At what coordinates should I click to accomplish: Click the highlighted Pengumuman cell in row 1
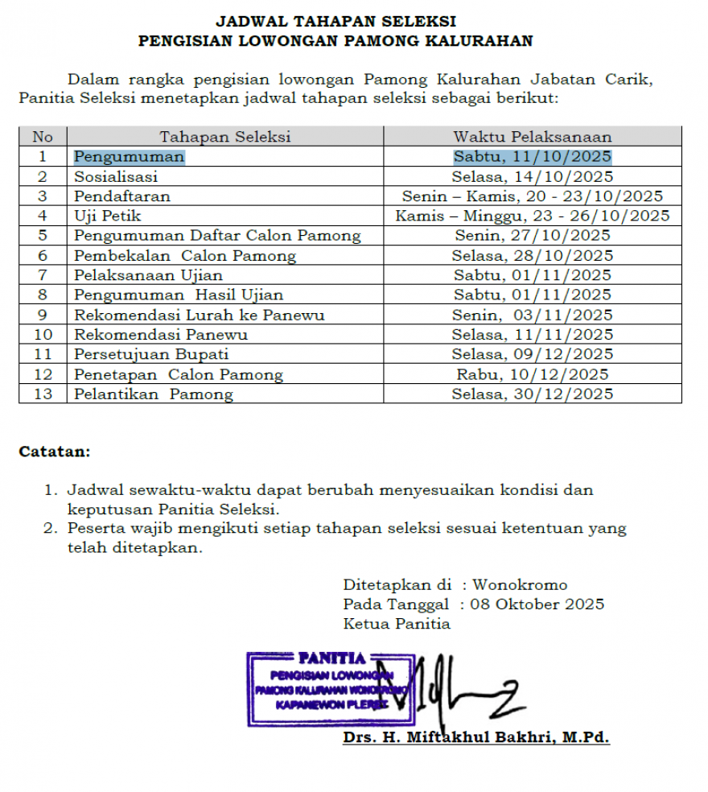click(130, 157)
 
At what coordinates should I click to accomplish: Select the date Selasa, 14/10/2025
click(532, 176)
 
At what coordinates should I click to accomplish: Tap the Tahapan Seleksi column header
click(224, 137)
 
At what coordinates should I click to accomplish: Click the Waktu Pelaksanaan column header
click(532, 137)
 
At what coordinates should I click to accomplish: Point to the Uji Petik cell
click(108, 216)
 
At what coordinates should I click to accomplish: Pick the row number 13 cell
click(43, 394)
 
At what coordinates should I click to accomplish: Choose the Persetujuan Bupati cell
click(152, 354)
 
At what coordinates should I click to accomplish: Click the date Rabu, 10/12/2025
click(532, 374)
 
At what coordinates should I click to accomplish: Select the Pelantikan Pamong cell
click(154, 394)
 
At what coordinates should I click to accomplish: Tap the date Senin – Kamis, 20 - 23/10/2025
click(532, 196)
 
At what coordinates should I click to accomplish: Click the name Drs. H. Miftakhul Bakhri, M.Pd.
click(475, 737)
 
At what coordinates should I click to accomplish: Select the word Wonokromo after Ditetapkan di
click(520, 585)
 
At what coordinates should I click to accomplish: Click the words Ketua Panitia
click(397, 624)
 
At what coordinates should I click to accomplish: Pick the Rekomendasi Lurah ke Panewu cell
click(200, 315)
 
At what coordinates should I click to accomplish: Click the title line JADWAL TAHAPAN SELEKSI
click(335, 21)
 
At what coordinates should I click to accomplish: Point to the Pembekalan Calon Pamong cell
click(185, 255)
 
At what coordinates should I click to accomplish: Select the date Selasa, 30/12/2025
click(532, 394)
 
